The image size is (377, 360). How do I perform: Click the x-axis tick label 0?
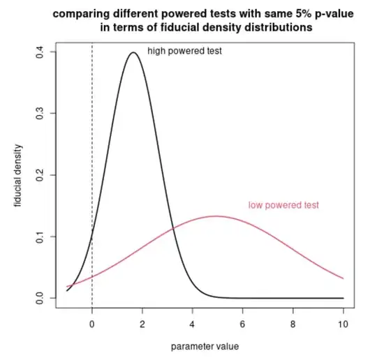[92, 324]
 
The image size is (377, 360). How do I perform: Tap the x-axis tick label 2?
[142, 324]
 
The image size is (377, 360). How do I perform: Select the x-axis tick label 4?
[193, 324]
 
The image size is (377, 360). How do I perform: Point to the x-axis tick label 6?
[242, 324]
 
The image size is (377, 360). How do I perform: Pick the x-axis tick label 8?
[293, 324]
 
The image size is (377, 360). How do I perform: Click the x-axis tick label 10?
[342, 324]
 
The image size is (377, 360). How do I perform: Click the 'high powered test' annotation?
[184, 51]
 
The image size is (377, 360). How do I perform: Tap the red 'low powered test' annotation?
[283, 205]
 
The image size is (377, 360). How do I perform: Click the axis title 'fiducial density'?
[17, 175]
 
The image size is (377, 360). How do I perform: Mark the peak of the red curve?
[216, 216]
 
